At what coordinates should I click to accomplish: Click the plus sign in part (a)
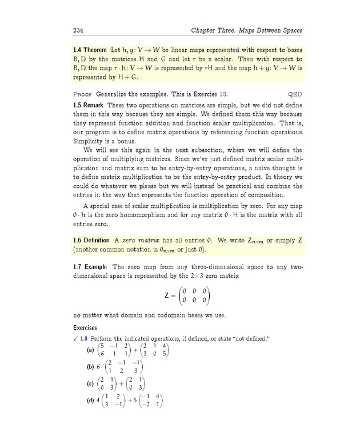coord(135,350)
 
